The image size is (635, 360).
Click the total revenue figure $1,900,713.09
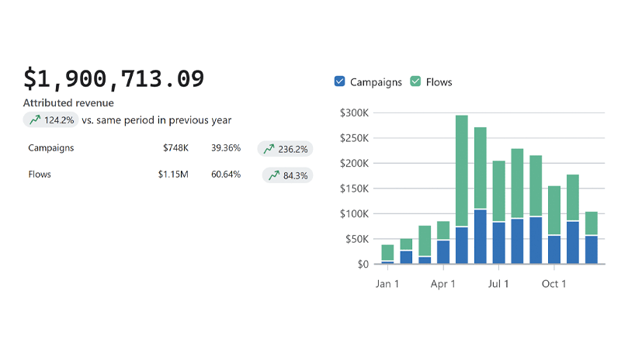(x=114, y=78)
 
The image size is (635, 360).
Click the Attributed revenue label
(x=68, y=103)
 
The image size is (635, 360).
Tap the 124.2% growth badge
(x=51, y=120)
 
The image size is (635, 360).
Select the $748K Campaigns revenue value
(x=176, y=147)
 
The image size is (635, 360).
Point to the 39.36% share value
(x=226, y=147)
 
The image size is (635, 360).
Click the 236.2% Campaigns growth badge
(x=285, y=149)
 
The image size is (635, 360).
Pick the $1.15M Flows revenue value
(x=173, y=175)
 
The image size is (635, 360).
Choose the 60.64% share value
(x=226, y=175)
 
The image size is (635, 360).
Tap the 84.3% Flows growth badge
(x=287, y=175)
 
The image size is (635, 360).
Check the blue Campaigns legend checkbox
(x=339, y=81)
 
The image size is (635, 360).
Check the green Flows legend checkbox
(x=415, y=81)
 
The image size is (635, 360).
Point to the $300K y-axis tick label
(x=355, y=112)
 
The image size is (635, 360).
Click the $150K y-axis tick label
(x=355, y=189)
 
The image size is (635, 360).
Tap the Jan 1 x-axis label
(x=387, y=284)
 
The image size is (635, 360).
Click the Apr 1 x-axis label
(x=443, y=284)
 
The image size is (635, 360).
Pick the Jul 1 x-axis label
(x=498, y=284)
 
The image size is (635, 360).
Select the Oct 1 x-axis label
(x=554, y=284)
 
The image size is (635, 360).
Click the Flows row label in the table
(x=40, y=175)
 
